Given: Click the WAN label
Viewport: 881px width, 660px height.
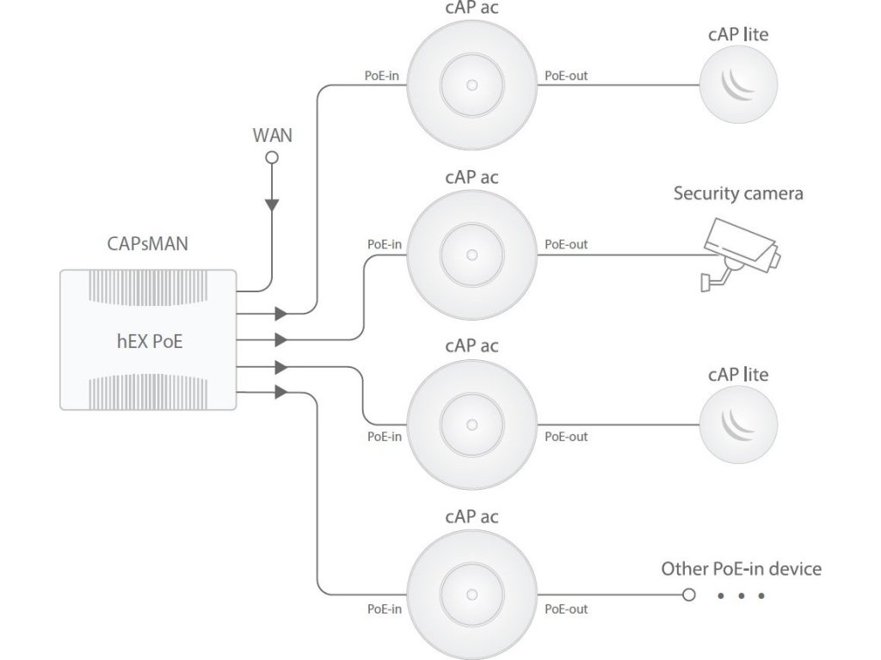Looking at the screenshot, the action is (x=273, y=135).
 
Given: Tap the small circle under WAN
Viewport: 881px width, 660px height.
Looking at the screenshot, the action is (x=272, y=158).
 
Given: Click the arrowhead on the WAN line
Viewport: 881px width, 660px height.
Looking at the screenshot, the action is (x=272, y=205).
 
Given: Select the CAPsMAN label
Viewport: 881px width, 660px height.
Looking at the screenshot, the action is (x=148, y=243).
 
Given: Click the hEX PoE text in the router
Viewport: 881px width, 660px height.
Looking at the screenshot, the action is (x=150, y=341).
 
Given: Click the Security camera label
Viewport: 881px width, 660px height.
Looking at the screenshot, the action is (x=738, y=193).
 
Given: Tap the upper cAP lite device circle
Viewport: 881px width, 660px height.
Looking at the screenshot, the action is (x=738, y=85).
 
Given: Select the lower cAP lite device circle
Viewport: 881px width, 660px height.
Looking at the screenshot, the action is (x=738, y=425).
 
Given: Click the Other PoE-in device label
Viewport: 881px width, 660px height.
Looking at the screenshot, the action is (x=741, y=569).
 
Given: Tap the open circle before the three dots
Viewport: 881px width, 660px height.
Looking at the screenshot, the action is (x=689, y=595).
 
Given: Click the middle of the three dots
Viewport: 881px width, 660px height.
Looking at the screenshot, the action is (x=741, y=596).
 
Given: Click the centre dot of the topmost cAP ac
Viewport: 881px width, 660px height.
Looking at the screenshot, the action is (x=472, y=85).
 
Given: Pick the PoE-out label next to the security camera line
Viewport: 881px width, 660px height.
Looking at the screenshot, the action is (x=566, y=245).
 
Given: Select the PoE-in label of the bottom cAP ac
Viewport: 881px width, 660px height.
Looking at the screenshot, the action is (x=385, y=609).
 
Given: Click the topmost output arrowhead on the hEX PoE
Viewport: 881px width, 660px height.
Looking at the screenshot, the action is (x=281, y=313).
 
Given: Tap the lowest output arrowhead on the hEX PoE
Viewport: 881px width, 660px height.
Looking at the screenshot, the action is (x=281, y=392).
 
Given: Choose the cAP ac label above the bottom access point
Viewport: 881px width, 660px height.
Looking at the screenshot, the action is (x=472, y=516).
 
